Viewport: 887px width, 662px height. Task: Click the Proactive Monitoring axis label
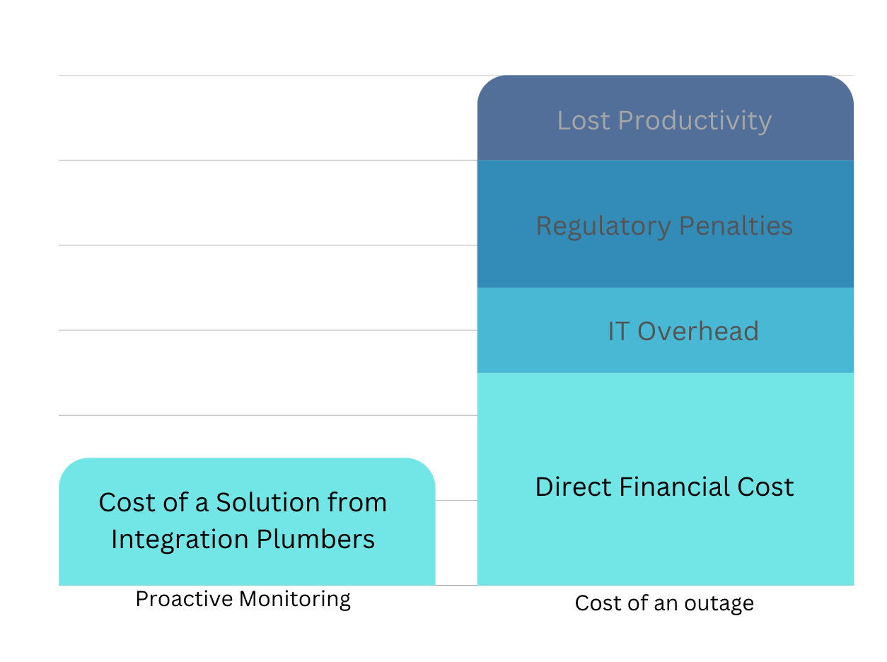243,599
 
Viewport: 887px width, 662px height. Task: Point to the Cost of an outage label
664,603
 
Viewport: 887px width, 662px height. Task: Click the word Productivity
694,121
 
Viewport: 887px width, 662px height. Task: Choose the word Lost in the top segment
584,121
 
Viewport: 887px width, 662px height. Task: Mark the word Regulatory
603,226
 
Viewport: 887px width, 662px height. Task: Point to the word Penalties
736,226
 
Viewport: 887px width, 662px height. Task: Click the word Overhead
697,332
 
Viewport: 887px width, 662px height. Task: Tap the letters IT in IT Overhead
618,332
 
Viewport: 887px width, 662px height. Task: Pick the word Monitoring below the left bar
295,599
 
